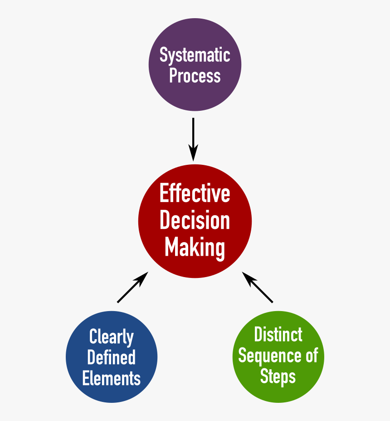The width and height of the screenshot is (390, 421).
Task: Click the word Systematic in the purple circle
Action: [195, 55]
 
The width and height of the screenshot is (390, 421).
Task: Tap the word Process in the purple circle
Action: [195, 75]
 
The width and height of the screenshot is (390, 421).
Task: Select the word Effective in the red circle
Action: [195, 194]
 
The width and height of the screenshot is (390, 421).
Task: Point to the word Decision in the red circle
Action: [195, 221]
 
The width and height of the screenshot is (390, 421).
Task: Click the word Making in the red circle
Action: [195, 248]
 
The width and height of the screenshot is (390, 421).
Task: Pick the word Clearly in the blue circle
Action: [112, 337]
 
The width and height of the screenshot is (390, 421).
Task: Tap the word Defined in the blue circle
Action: [112, 357]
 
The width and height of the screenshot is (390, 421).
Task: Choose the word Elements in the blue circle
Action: [112, 378]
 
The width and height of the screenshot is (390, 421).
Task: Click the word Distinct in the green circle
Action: [278, 335]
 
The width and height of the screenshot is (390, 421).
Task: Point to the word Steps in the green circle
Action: [278, 376]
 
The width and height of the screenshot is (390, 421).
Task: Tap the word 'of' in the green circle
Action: [312, 355]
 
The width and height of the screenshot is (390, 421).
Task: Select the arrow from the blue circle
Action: [132, 287]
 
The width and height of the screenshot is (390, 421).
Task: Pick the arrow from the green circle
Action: [258, 287]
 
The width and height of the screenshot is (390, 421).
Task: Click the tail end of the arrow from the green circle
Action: [272, 302]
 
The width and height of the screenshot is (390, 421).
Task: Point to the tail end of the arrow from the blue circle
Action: [118, 302]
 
